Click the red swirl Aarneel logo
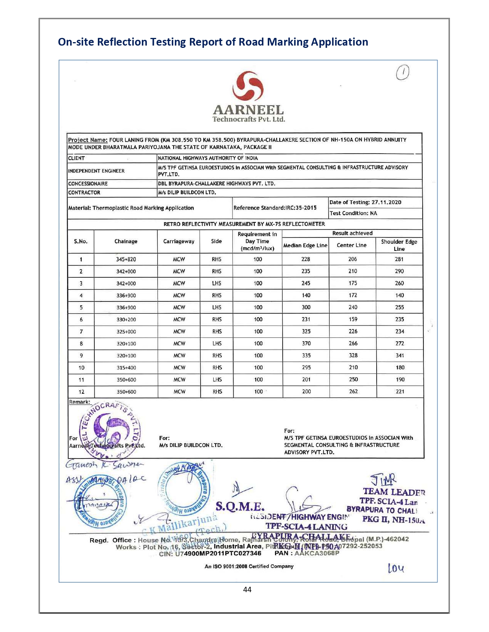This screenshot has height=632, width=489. (x=248, y=87)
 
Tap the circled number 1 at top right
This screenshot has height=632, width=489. (x=402, y=72)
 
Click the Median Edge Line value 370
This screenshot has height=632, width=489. (x=306, y=344)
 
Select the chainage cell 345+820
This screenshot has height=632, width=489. (x=126, y=259)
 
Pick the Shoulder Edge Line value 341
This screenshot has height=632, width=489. (x=400, y=355)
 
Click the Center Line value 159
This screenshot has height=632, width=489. (x=353, y=319)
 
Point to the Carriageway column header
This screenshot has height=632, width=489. (x=179, y=241)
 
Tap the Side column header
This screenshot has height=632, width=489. (x=216, y=241)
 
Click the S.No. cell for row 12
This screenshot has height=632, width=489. (x=81, y=392)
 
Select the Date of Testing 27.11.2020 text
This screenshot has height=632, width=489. (x=365, y=202)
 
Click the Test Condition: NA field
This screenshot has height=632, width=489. (x=353, y=213)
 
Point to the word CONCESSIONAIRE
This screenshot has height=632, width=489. (x=88, y=184)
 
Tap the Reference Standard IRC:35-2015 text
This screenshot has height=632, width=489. (x=275, y=208)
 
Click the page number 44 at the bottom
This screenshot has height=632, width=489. (x=247, y=589)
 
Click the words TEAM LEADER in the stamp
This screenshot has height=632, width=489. (x=394, y=492)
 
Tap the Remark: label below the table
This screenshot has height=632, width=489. (x=79, y=402)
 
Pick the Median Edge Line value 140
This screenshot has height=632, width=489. (x=306, y=295)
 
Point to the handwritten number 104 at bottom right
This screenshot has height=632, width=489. (x=396, y=568)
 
